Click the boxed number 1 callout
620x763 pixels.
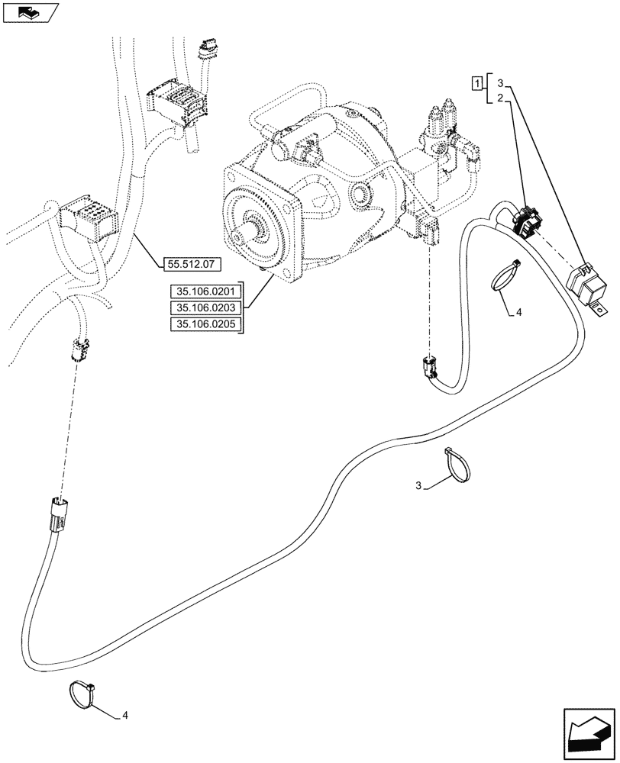point(476,83)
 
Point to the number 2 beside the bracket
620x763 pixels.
point(499,98)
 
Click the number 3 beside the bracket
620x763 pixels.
point(499,83)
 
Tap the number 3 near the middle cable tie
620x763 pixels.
point(418,485)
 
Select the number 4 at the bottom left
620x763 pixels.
point(125,716)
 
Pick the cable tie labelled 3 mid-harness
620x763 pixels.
point(456,465)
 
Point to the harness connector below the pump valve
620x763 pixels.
point(428,369)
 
